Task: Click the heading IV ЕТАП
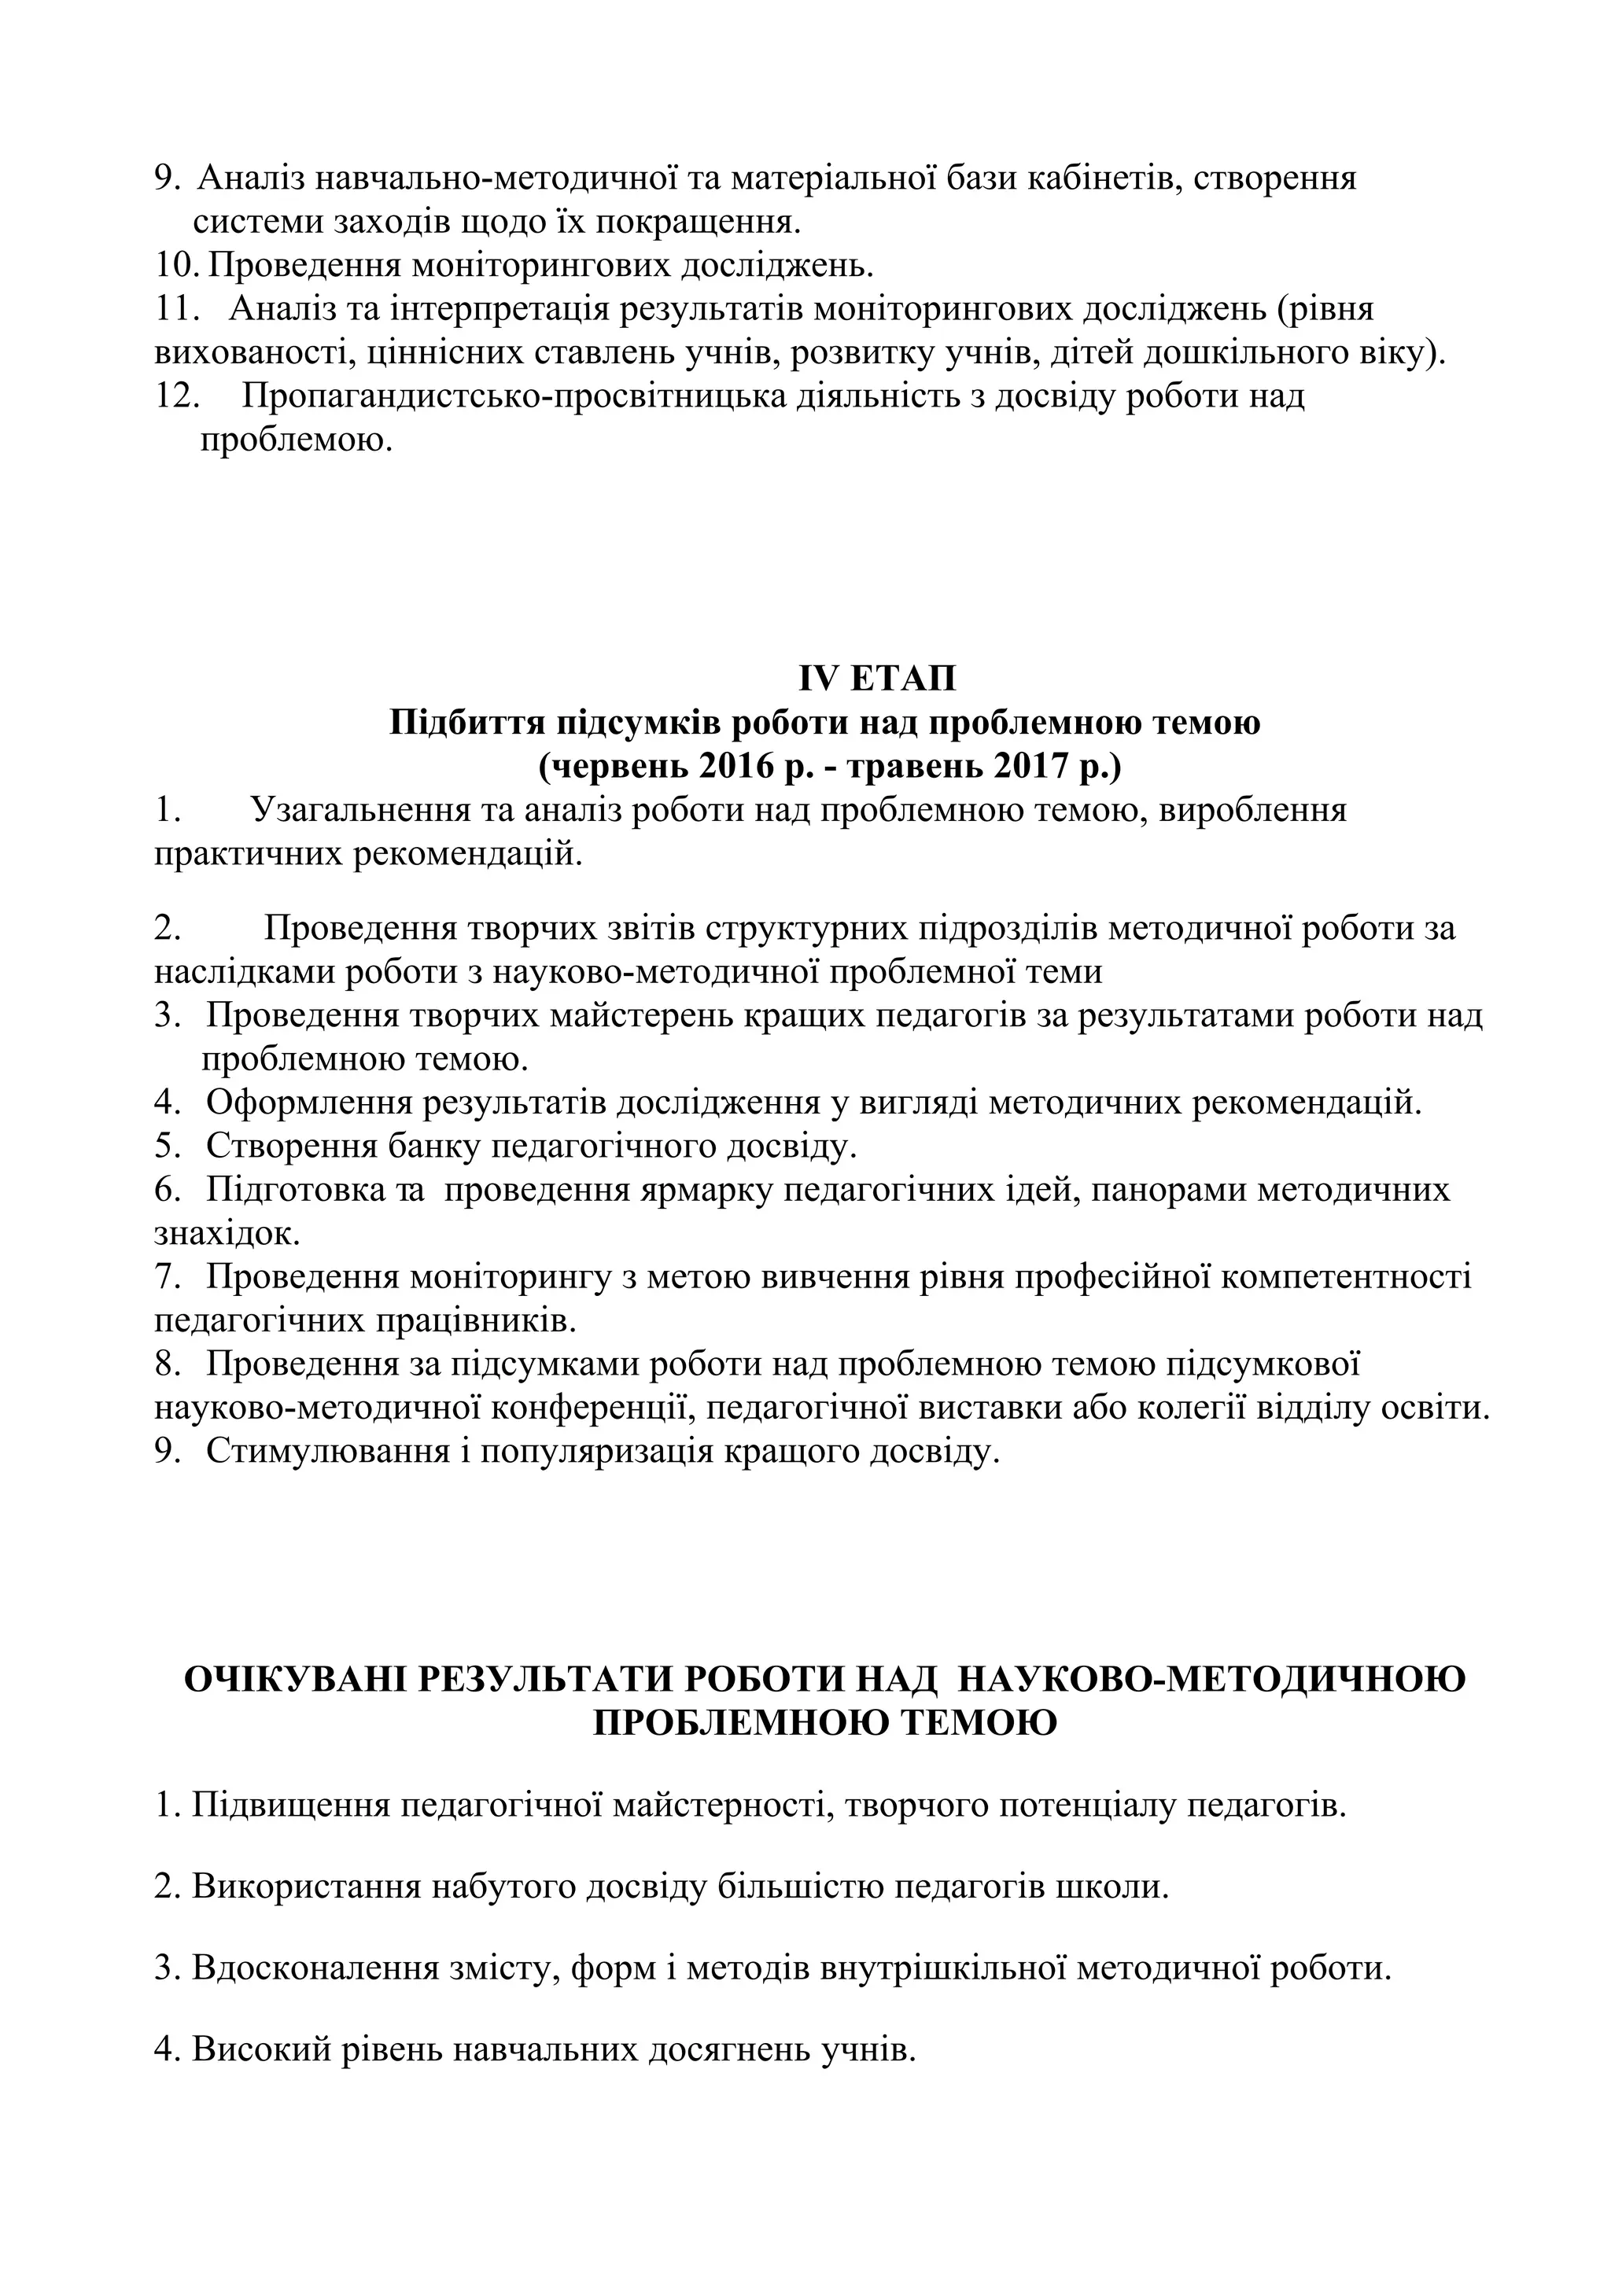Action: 877,679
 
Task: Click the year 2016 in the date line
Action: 735,766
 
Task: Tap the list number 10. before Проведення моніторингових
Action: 179,266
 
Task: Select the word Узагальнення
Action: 360,810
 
